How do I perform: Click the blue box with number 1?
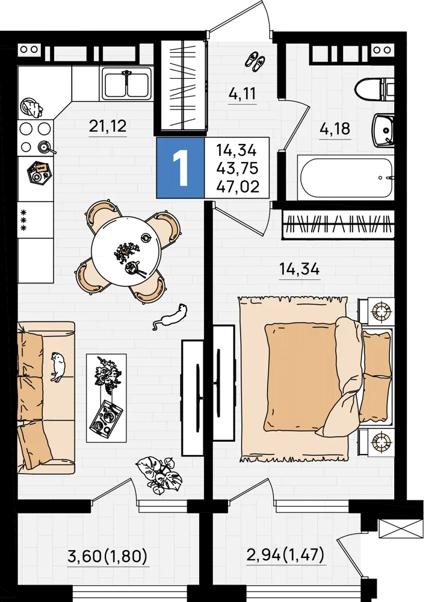click(180, 167)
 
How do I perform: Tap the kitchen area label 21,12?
click(108, 126)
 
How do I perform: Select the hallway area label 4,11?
click(242, 93)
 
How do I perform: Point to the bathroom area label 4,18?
click(335, 129)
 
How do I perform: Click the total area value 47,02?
click(238, 187)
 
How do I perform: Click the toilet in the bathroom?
click(375, 89)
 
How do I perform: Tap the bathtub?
click(346, 178)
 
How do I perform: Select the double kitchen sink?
click(126, 83)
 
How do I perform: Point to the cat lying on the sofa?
click(58, 366)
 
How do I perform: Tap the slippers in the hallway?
click(255, 61)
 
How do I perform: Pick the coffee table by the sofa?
click(106, 398)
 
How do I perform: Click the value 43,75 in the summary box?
click(237, 169)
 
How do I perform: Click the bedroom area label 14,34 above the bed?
click(300, 269)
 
